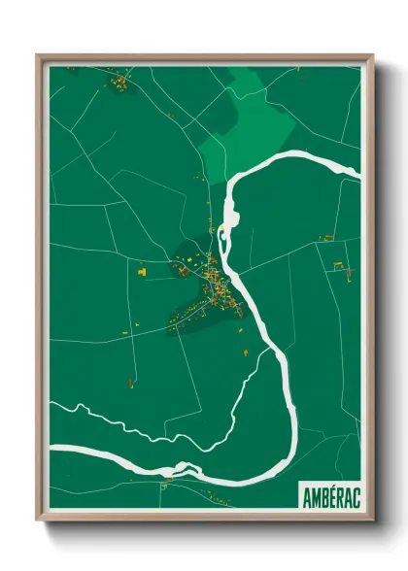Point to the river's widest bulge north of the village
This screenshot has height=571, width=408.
click(x=232, y=204)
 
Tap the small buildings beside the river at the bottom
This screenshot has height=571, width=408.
click(x=171, y=477)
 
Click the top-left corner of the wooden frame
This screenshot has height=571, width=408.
click(x=38, y=55)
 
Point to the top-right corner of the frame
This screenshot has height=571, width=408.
click(x=372, y=55)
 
